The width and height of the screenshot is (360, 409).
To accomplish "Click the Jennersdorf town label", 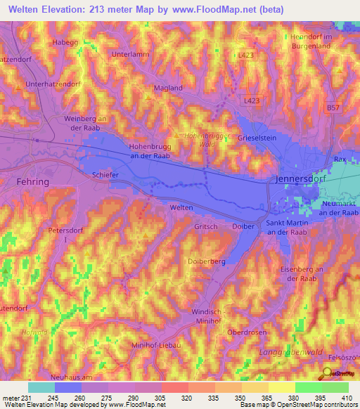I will [296, 181].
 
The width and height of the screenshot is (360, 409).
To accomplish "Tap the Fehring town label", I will [32, 181].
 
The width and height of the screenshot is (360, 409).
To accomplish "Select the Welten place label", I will [181, 208].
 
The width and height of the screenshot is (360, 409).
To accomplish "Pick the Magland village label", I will [168, 88].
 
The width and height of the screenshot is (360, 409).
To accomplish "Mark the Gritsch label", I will [206, 227].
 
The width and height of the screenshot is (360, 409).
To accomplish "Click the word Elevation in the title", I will [73, 8].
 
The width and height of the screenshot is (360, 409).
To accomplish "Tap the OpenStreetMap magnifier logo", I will [328, 372].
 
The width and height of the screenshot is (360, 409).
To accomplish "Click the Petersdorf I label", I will [65, 235].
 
